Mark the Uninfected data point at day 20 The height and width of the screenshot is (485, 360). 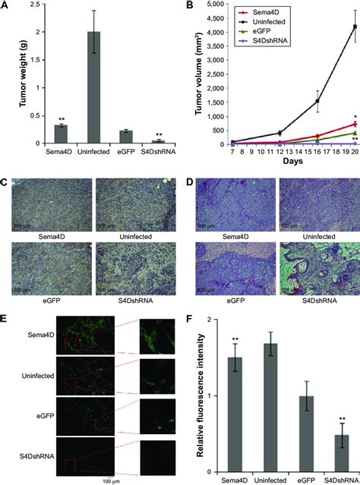[x=333, y=27]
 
